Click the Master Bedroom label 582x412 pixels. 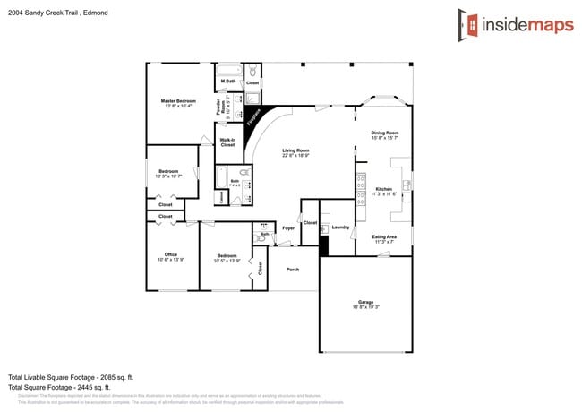tap(178, 101)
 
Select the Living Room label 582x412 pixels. tap(295, 150)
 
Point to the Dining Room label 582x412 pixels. tap(385, 133)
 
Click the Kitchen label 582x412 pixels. tap(383, 189)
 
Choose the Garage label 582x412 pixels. tap(365, 303)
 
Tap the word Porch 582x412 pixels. tap(292, 269)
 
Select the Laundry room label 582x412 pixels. tap(340, 227)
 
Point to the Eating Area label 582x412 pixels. tap(384, 236)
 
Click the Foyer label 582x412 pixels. tap(288, 228)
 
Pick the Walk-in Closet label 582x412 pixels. tap(227, 142)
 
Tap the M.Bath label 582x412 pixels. tap(228, 82)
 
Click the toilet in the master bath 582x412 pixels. tap(253, 71)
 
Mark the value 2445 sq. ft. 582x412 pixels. tap(114, 387)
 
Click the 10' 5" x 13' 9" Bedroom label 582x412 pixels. tap(227, 257)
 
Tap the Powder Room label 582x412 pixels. tap(219, 107)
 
